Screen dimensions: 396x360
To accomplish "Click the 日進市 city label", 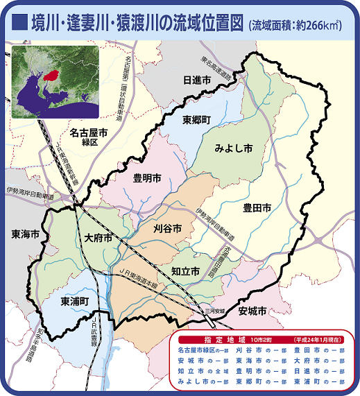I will tap(196, 81).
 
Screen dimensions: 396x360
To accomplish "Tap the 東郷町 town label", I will tap(197, 119).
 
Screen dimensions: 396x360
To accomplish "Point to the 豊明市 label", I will tap(148, 178).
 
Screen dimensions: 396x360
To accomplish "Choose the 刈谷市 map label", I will tap(167, 227).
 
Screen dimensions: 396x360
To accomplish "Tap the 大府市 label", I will tap(98, 238).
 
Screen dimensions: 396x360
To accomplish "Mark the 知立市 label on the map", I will tap(186, 272).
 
